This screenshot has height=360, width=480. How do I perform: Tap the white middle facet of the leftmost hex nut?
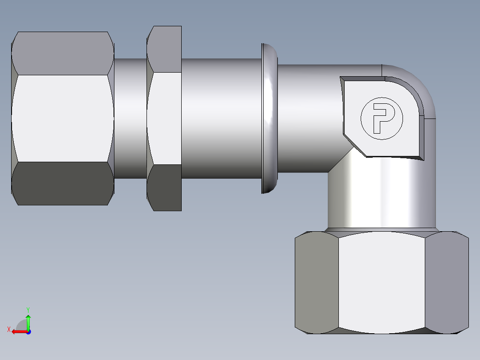62,118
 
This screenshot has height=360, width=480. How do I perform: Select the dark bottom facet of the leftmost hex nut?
62,183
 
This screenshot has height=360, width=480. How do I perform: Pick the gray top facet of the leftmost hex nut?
62,53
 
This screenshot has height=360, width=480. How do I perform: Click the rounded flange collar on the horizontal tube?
269,118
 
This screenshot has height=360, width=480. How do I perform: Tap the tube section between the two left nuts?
130,118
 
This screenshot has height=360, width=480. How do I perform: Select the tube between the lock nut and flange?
220,118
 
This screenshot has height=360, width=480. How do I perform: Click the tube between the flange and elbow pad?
307,118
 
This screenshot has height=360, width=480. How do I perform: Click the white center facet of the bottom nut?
381,283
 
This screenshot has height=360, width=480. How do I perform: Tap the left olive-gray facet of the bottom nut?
317,283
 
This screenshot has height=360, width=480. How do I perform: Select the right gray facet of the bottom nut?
446,283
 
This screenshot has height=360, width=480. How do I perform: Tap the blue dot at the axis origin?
28,332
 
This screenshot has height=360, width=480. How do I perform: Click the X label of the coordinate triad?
9,329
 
